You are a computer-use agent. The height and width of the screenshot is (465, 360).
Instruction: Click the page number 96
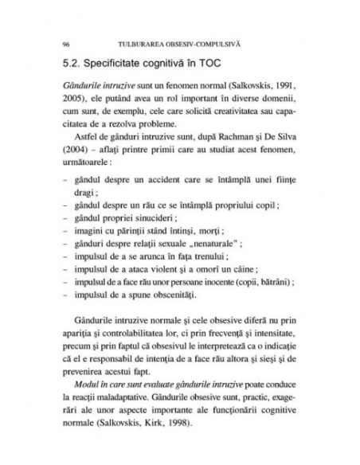tap(53, 39)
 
